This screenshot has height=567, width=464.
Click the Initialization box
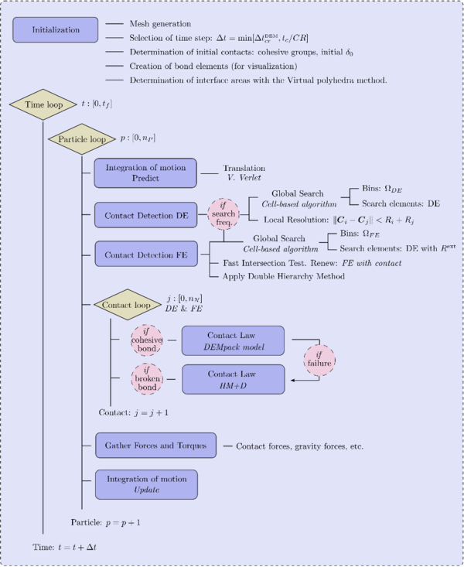55,30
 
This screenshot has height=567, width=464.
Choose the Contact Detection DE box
146,214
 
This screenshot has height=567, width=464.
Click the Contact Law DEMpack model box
233,341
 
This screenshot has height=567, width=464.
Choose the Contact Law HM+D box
233,380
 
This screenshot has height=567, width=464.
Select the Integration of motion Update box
146,484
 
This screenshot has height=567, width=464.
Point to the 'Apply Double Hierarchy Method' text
284,276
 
